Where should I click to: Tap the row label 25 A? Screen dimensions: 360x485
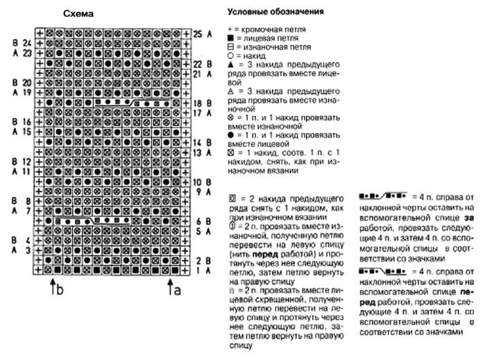[x=197, y=33]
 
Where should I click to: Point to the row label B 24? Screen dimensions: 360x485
[x=22, y=43]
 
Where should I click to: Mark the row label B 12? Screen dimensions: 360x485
[x=22, y=161]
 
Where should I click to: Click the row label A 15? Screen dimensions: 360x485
[x=22, y=131]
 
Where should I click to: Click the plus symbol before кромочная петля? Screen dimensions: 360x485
[x=230, y=33]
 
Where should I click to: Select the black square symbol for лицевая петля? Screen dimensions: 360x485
[x=230, y=43]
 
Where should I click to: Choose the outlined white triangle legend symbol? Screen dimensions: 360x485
[x=230, y=92]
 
